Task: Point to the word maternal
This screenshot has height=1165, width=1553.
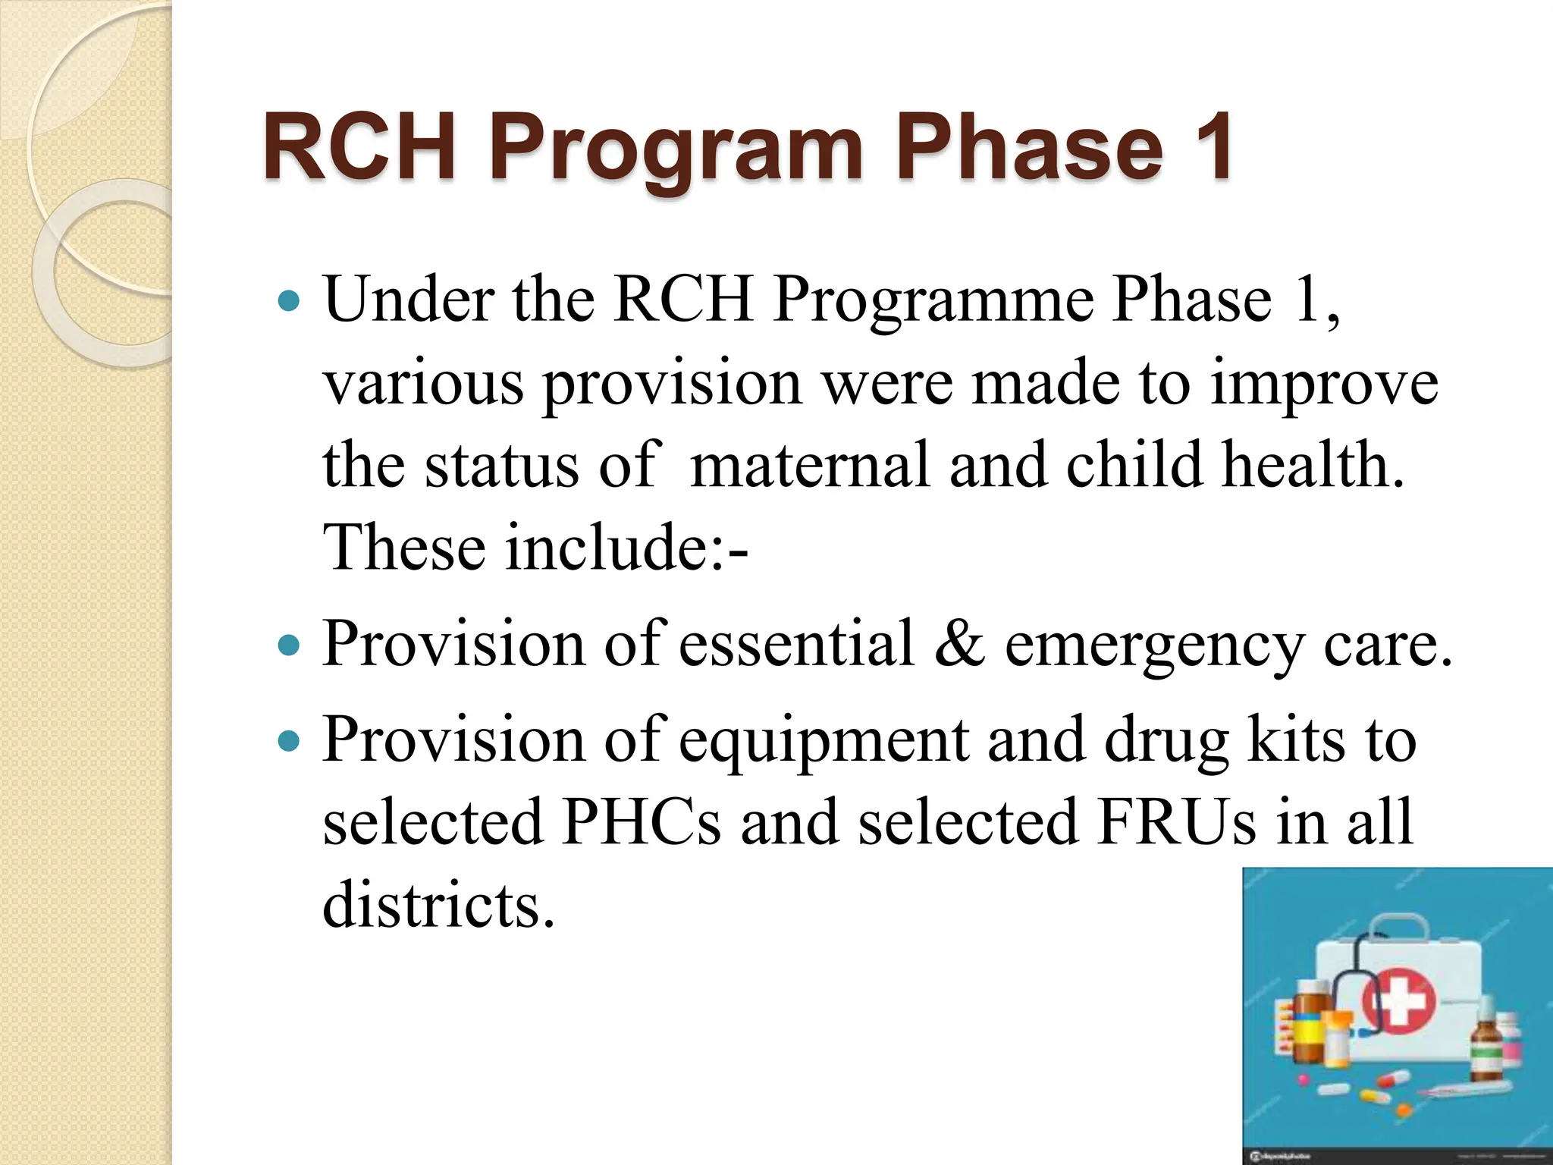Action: point(810,464)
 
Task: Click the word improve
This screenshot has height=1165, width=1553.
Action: point(1324,383)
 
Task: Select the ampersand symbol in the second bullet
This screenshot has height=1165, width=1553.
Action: point(959,644)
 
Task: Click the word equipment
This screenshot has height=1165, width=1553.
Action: point(823,742)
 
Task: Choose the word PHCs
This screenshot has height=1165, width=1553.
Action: point(642,822)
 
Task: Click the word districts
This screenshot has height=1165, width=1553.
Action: point(438,904)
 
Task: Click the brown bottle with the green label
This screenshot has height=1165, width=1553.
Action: point(1484,1047)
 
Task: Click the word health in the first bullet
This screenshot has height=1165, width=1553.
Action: point(1312,464)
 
